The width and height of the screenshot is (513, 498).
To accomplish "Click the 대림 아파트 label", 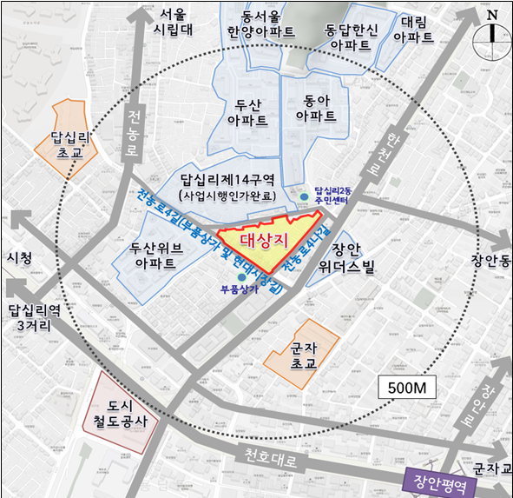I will pyautogui.click(x=414, y=29).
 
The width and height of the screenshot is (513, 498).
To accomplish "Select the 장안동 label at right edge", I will pyautogui.click(x=490, y=259).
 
